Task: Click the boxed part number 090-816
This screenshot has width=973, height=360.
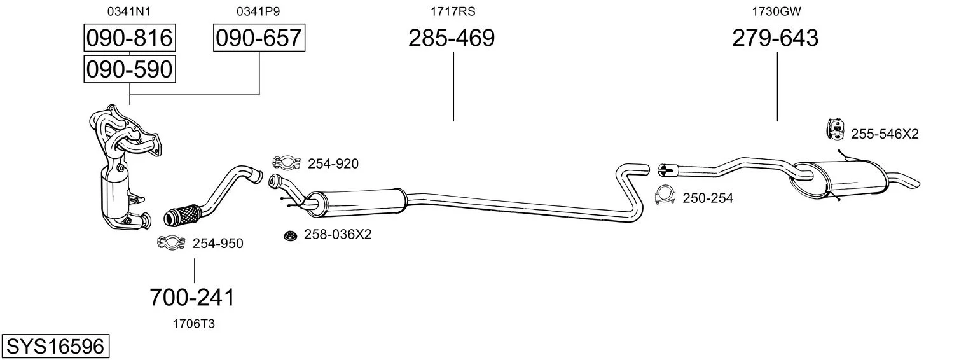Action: tap(130, 38)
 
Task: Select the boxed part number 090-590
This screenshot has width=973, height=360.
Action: tap(130, 69)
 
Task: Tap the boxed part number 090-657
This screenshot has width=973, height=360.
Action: tap(259, 38)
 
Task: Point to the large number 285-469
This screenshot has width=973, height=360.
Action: tap(452, 38)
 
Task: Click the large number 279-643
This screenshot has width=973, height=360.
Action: tap(775, 38)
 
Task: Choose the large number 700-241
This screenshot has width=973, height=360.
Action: tap(193, 298)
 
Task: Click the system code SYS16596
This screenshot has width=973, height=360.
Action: tap(55, 347)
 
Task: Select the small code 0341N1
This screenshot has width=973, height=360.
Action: tap(129, 11)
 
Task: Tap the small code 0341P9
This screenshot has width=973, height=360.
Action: tap(258, 11)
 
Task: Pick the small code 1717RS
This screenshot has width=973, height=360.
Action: tap(453, 11)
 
